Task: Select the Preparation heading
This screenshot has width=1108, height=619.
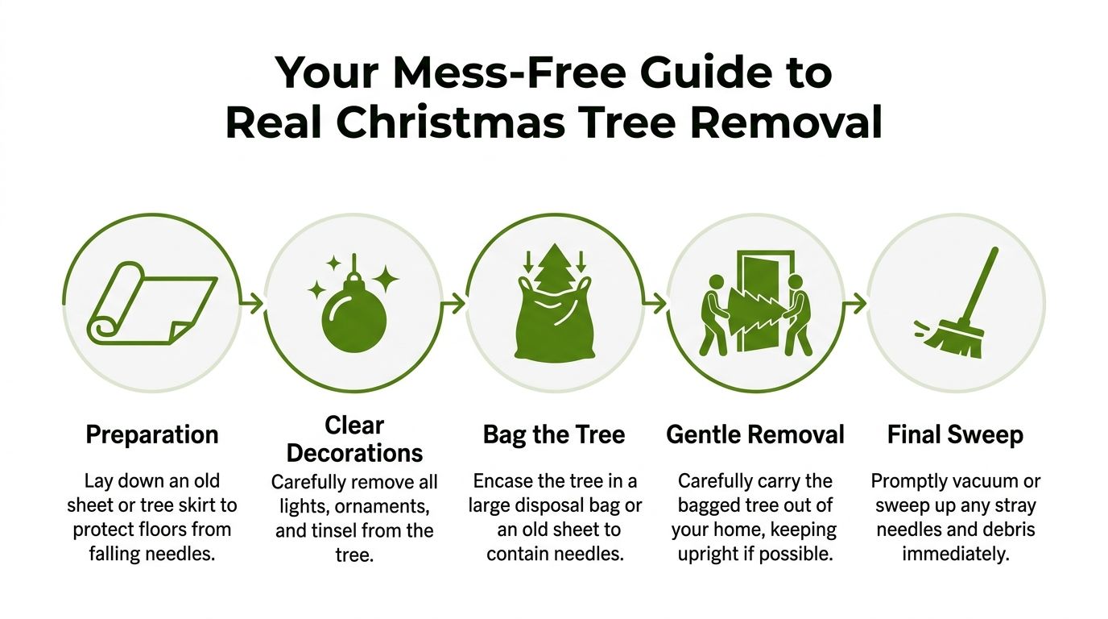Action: coord(151,435)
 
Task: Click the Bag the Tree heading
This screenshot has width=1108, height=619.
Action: coord(554,435)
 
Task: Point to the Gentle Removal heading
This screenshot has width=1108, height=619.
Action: coord(755,435)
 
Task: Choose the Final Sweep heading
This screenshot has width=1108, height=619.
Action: coord(955,435)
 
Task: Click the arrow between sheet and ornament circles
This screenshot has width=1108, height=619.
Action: coord(253,304)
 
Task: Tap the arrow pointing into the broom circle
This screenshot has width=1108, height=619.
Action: coord(855,304)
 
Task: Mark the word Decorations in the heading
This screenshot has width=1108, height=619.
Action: coord(354,453)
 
